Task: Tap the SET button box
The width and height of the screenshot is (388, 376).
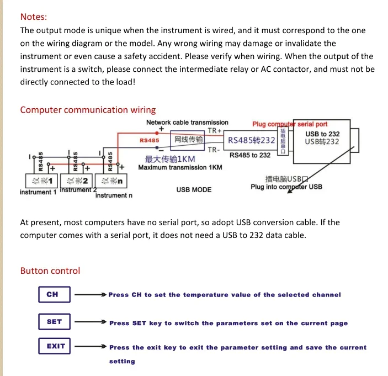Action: [x=55, y=322]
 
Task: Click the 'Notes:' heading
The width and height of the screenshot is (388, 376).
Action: [x=34, y=17]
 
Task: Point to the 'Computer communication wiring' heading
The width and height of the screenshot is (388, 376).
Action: [x=88, y=110]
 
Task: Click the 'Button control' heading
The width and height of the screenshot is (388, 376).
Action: [x=50, y=271]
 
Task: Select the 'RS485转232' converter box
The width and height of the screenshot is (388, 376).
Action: [x=252, y=140]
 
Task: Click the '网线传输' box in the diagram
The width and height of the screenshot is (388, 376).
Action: [x=189, y=140]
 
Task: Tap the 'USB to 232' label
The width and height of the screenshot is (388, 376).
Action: [x=322, y=134]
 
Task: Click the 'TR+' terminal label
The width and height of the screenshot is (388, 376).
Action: [x=214, y=131]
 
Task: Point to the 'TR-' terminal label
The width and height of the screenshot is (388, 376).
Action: [x=214, y=150]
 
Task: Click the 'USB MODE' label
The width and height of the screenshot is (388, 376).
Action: [x=194, y=190]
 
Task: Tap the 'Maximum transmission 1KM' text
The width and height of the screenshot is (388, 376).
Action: [x=180, y=168]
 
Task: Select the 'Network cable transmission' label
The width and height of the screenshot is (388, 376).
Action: [x=187, y=123]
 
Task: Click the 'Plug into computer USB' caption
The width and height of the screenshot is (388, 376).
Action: [x=286, y=187]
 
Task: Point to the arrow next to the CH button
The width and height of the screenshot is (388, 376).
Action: [x=91, y=295]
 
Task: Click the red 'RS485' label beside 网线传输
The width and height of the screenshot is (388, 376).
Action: [x=150, y=141]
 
